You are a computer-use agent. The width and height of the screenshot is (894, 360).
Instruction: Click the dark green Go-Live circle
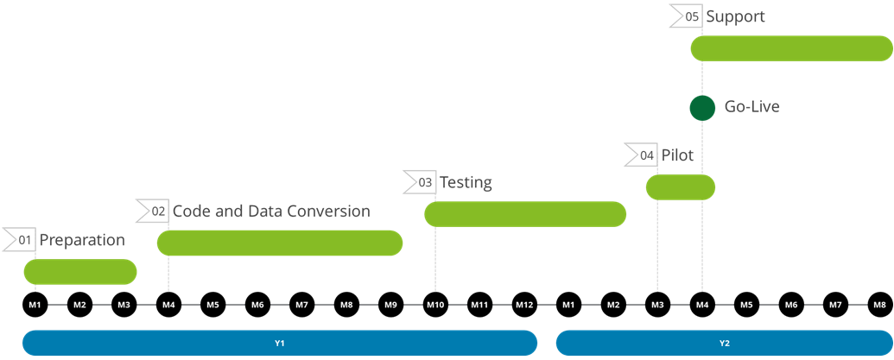pyautogui.click(x=702, y=108)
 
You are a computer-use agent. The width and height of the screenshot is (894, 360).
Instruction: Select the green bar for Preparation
pyautogui.click(x=79, y=272)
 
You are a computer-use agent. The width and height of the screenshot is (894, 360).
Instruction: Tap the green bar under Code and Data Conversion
pyautogui.click(x=280, y=243)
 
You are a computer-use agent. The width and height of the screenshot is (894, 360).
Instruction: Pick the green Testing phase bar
pyautogui.click(x=525, y=214)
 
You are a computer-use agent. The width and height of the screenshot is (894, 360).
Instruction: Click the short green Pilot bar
pyautogui.click(x=681, y=187)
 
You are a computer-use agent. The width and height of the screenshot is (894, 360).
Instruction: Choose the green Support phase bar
pyautogui.click(x=791, y=48)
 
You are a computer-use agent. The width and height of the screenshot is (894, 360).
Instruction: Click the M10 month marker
pyautogui.click(x=435, y=305)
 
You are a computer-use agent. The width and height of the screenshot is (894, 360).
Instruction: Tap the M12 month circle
pyautogui.click(x=524, y=305)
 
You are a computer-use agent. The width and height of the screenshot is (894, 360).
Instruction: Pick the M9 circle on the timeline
pyautogui.click(x=391, y=305)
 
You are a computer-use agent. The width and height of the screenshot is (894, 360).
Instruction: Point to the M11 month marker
pyautogui.click(x=480, y=305)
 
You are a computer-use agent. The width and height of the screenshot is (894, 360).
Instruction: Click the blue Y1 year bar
pyautogui.click(x=280, y=343)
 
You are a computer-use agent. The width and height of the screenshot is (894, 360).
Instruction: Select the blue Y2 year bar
pyautogui.click(x=724, y=343)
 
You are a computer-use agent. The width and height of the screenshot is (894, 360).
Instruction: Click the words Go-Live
pyautogui.click(x=752, y=108)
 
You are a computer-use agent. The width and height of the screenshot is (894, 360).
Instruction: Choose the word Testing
pyautogui.click(x=466, y=183)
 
